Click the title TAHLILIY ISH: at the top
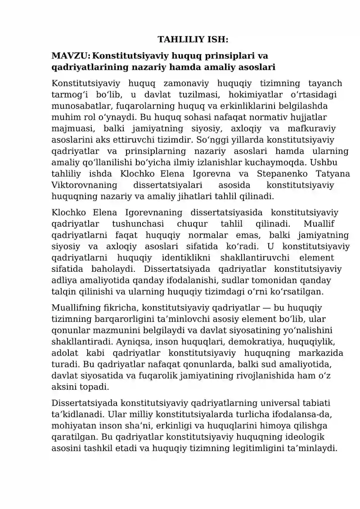[193, 40]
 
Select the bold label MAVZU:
[71, 56]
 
